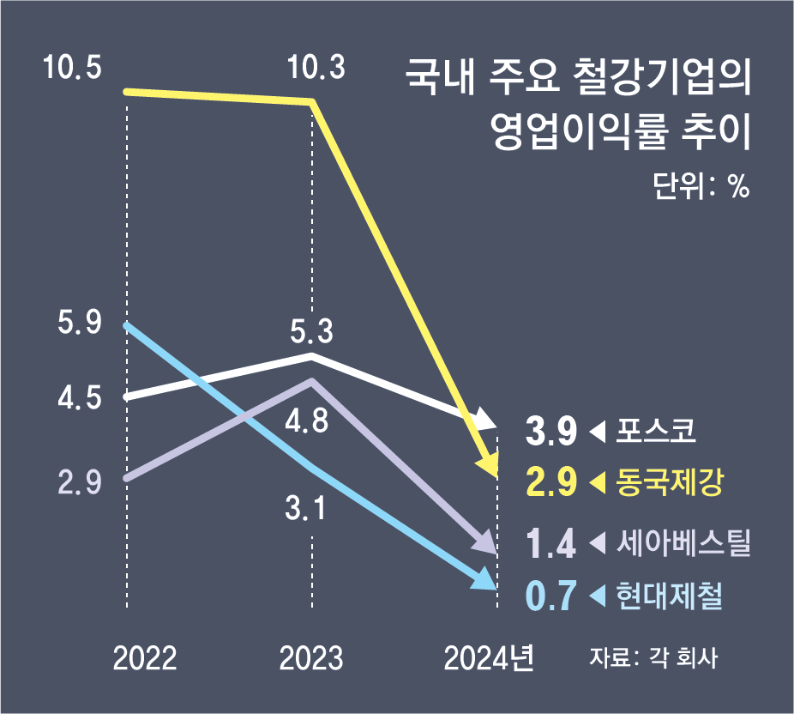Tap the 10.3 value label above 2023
(x=317, y=66)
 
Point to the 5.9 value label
(x=80, y=324)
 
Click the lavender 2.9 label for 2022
(x=80, y=481)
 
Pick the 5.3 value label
(x=311, y=330)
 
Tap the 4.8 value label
(x=307, y=423)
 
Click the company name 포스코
(x=656, y=430)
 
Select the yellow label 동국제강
(x=670, y=482)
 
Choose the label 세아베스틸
(x=683, y=542)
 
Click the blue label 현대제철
(x=670, y=596)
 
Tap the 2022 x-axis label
(x=145, y=658)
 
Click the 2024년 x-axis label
(x=490, y=658)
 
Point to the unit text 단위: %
(x=701, y=185)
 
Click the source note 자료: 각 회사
(x=653, y=658)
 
